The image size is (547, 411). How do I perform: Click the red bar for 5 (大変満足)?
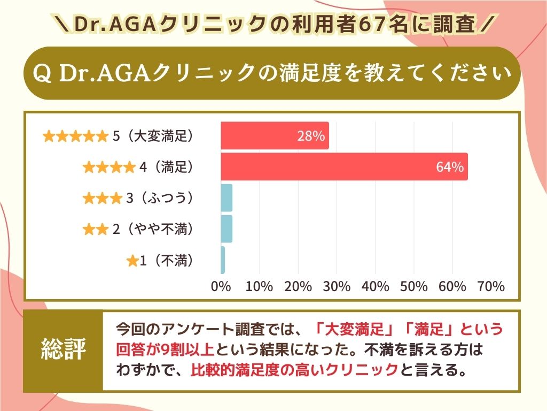tap(275, 136)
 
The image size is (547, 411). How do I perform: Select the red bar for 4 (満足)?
tap(344, 167)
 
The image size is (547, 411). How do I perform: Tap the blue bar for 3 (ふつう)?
tap(226, 198)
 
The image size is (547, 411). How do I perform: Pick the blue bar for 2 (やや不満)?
tap(226, 229)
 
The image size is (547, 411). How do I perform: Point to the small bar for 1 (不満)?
tap(223, 260)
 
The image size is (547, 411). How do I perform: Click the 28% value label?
tap(311, 136)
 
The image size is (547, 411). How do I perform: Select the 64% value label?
tap(449, 167)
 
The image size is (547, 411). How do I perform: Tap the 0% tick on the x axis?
tap(221, 286)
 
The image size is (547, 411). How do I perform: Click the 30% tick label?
tap(337, 286)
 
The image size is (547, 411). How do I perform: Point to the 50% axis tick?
tap(414, 286)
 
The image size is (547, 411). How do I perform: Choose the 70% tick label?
tap(491, 286)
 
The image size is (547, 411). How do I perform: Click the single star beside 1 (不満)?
tap(132, 262)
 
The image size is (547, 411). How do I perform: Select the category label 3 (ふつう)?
tap(159, 199)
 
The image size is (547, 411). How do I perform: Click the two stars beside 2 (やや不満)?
tap(95, 230)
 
